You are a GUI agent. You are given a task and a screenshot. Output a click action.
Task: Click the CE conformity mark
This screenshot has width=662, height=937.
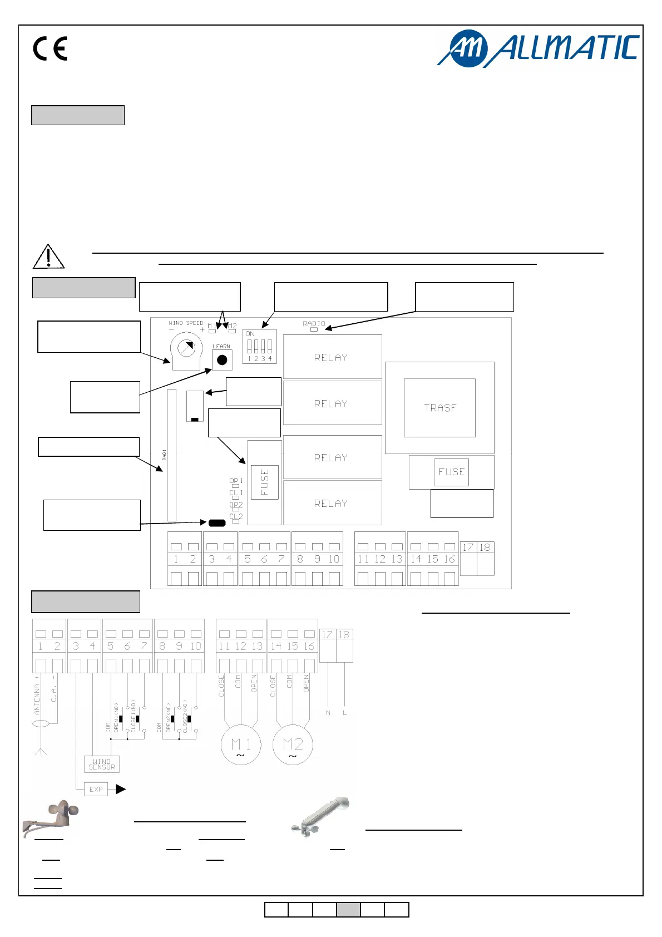(50, 48)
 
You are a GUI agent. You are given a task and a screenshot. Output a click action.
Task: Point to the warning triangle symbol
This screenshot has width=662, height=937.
(48, 257)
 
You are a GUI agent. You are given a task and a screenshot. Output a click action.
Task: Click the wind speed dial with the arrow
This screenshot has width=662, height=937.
(186, 349)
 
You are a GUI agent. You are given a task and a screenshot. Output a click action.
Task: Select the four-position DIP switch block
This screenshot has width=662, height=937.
(259, 347)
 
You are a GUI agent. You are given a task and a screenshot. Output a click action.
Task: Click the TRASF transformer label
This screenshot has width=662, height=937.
(439, 408)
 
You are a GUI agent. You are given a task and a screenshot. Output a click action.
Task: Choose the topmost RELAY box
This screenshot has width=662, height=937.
(332, 357)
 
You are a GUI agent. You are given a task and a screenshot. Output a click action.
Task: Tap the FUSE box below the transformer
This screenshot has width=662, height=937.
(451, 472)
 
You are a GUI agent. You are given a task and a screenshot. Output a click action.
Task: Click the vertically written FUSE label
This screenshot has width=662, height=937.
(265, 482)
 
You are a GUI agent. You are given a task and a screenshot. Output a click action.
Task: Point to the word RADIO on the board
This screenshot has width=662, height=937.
(314, 323)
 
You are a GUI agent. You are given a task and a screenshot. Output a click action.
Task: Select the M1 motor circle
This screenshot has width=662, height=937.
(241, 745)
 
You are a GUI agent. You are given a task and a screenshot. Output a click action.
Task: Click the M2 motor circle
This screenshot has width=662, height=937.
(293, 745)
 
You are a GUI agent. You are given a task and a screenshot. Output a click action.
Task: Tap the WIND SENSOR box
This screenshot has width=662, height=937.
(102, 764)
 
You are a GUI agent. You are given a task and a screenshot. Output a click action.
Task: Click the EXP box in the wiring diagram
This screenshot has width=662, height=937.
(96, 789)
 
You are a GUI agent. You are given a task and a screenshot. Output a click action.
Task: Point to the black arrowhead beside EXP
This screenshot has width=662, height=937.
(121, 789)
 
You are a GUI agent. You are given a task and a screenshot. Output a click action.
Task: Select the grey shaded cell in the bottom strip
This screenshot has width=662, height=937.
(348, 910)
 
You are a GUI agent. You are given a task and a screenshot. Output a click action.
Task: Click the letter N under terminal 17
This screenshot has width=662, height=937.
(328, 713)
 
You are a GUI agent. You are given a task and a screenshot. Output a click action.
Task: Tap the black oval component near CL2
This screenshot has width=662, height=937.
(216, 522)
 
